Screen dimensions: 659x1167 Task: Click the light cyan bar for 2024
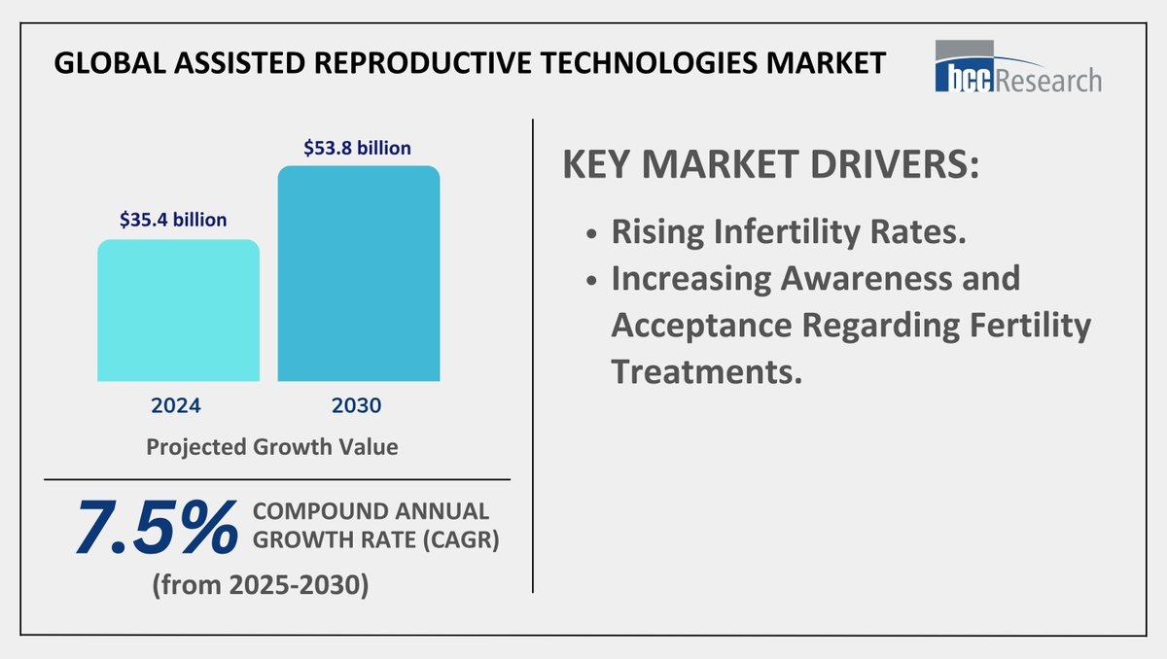click(x=178, y=310)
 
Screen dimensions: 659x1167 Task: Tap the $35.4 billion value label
click(x=173, y=220)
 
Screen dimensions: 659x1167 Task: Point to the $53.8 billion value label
click(x=358, y=148)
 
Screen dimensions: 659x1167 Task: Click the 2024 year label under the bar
click(x=177, y=404)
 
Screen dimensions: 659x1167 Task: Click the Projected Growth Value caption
click(x=272, y=448)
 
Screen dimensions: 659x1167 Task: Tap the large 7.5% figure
click(x=156, y=529)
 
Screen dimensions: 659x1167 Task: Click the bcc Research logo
click(x=1017, y=67)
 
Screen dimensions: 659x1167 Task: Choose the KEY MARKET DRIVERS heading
click(x=770, y=164)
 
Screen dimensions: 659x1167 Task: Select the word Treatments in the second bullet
click(x=707, y=372)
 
